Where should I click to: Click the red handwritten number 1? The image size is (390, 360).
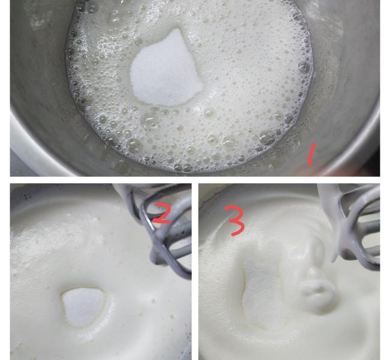(311, 154)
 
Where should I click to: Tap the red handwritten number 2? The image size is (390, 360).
(161, 214)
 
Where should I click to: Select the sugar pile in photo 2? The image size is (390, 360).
(83, 307)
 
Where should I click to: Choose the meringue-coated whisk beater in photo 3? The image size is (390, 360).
(353, 224)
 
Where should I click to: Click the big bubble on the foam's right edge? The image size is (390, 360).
(304, 66)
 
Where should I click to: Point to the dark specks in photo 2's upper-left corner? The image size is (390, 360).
(28, 196)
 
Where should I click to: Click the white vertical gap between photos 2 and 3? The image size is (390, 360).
(195, 272)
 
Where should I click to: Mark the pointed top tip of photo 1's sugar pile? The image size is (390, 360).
(178, 29)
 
